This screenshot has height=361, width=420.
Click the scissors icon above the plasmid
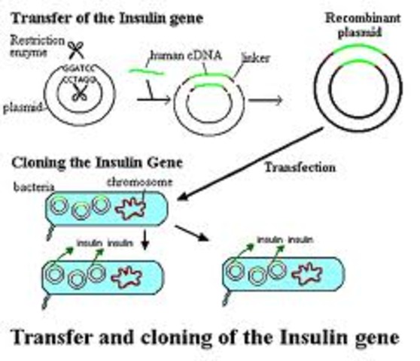[x=75, y=50]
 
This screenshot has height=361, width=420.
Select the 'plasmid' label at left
[x=21, y=107]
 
